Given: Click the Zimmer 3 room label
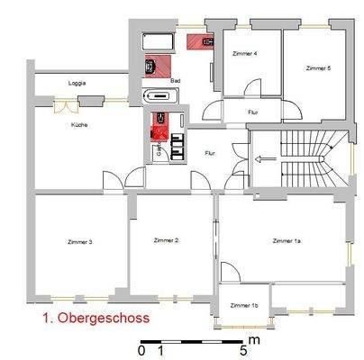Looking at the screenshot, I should point(80,241).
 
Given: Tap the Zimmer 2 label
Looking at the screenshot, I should point(166,240).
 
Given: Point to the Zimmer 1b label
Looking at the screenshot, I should point(243,306).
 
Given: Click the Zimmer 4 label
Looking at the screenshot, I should point(243,54).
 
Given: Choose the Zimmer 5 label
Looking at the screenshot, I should point(318,67).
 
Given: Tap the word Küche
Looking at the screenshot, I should point(79,125).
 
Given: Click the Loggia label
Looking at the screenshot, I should point(77,83).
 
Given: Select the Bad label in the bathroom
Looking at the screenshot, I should point(177,80).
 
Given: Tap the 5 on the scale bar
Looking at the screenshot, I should point(243,349).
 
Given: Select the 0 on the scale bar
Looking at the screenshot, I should point(141,349).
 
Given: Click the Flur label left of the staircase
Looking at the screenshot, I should point(210,153).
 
